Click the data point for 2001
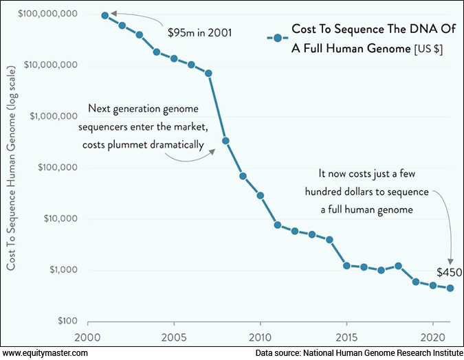click(x=105, y=15)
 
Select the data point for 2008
click(x=225, y=141)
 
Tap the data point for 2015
click(x=346, y=265)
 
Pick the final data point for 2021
click(x=450, y=288)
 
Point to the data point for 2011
click(x=278, y=225)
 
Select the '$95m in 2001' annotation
click(x=200, y=32)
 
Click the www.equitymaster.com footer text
click(x=45, y=352)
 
